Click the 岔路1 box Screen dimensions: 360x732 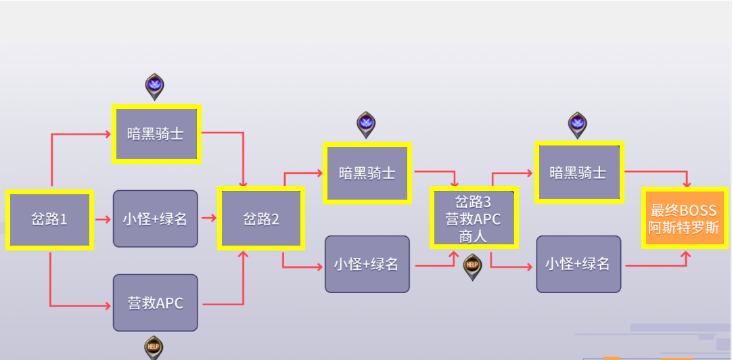point(49,219)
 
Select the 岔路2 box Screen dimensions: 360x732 point(261,219)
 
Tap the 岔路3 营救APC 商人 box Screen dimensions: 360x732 point(474,218)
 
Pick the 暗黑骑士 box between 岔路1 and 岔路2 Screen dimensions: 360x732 point(156,133)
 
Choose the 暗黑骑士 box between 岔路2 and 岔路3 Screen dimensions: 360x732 point(367,173)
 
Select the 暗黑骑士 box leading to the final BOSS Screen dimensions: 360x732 point(578,173)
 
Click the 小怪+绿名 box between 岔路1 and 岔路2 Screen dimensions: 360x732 point(156,219)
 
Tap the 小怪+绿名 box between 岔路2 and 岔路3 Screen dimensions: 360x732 point(367,264)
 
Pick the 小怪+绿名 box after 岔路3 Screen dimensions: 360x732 point(578,264)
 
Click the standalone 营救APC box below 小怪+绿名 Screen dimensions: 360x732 point(156,302)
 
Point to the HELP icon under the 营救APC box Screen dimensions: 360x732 point(154,346)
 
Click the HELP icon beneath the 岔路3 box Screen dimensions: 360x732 point(472,265)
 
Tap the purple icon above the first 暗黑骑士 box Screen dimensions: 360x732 point(155,86)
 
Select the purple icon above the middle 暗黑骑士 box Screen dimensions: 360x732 point(366,124)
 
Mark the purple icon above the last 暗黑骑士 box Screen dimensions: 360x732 point(577,124)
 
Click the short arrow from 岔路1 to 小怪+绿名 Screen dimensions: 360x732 point(102,219)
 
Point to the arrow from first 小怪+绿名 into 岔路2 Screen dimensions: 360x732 point(208,219)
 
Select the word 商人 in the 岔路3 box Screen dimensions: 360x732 point(474,236)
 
